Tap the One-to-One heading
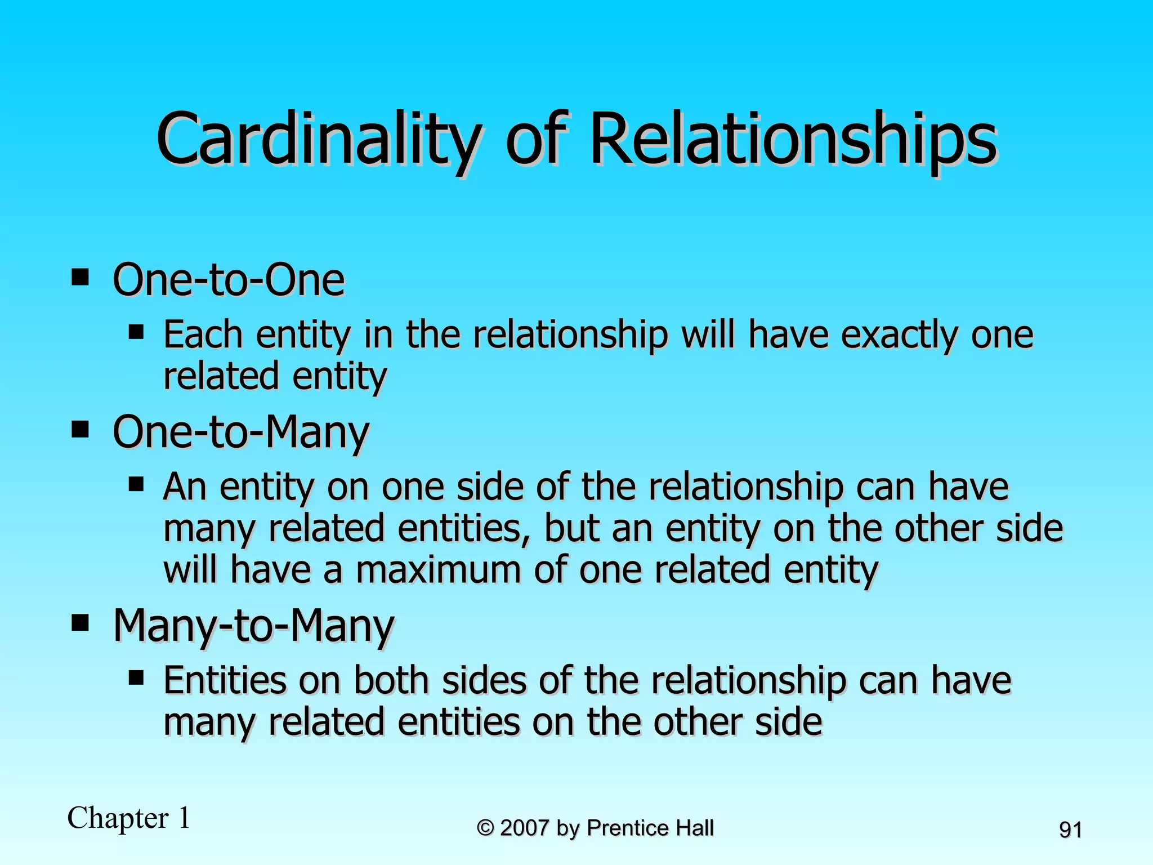click(x=229, y=280)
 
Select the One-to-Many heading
click(x=241, y=432)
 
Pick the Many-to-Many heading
click(x=253, y=626)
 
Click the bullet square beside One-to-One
click(x=81, y=278)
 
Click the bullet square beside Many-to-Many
click(x=81, y=623)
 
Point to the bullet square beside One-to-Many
click(x=81, y=430)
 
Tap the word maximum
click(x=439, y=570)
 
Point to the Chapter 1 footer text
click(x=128, y=818)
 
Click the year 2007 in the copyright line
click(x=524, y=828)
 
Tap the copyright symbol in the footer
click(x=485, y=828)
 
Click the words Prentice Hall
click(x=650, y=828)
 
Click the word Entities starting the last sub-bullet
click(x=225, y=680)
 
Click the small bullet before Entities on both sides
click(x=136, y=677)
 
